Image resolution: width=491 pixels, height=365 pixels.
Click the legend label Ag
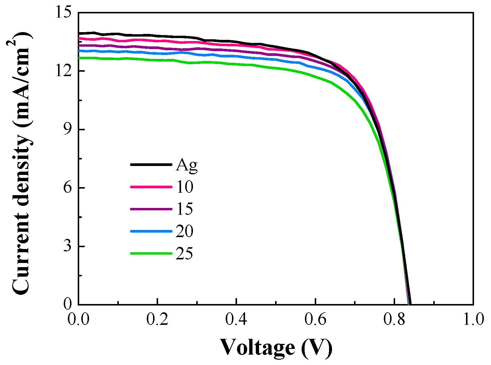coord(186,165)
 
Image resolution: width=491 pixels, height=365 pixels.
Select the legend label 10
coord(184,187)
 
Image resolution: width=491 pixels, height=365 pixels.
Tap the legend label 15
coord(184,209)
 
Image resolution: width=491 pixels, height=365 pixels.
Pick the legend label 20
coord(184,231)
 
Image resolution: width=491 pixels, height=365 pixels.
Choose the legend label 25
coord(184,254)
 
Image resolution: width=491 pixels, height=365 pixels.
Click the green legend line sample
coord(151,253)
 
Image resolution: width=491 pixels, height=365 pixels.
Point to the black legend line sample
coord(151,164)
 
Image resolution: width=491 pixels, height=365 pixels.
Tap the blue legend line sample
coord(151,231)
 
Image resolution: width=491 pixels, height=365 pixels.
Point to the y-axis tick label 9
coord(68,130)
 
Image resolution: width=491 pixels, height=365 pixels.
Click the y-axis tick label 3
coord(68,247)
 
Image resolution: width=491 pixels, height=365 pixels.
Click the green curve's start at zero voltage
coord(79,58)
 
